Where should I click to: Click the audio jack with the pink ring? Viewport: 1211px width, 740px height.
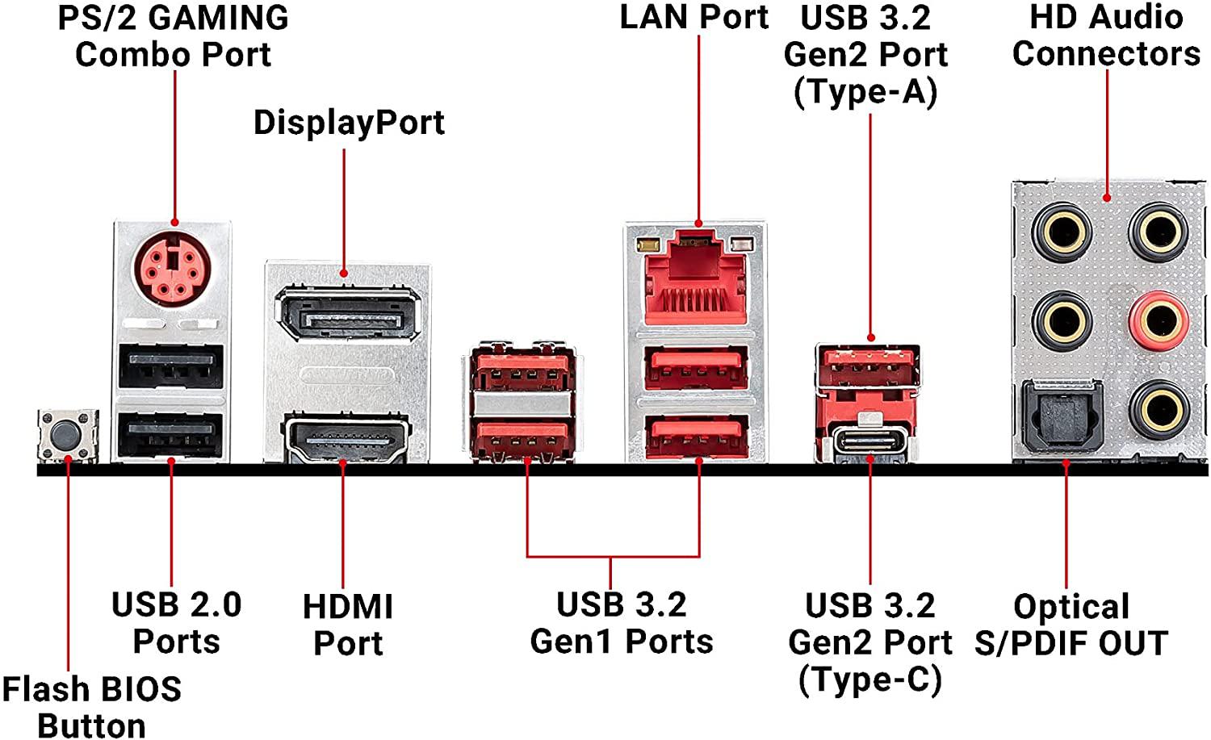(1158, 320)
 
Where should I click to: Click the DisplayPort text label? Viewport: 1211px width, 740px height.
(349, 123)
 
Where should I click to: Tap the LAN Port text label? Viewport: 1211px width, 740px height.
(693, 18)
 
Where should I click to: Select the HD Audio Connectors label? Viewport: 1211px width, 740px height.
(1106, 36)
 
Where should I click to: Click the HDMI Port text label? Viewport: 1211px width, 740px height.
(348, 625)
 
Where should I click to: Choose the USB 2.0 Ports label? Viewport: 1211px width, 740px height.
(176, 622)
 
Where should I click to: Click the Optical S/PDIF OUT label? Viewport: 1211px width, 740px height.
(1071, 625)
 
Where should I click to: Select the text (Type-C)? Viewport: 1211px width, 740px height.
(869, 679)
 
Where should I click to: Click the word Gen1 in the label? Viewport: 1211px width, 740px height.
(573, 642)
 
